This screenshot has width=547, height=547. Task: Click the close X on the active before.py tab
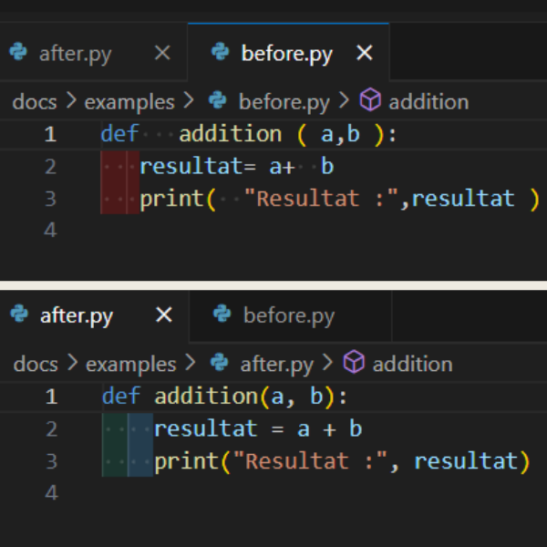(x=364, y=53)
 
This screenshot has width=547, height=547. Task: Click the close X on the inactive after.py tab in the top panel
(x=162, y=53)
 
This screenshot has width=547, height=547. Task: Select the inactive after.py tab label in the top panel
(x=75, y=54)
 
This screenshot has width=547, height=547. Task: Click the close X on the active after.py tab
(x=164, y=315)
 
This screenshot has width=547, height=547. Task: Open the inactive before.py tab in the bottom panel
(x=288, y=316)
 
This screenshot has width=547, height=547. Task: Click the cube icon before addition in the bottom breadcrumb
(x=354, y=363)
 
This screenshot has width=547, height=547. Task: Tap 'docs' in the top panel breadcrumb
(x=35, y=101)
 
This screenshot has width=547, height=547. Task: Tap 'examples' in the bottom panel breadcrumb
(x=130, y=364)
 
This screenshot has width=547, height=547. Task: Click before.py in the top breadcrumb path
(x=284, y=101)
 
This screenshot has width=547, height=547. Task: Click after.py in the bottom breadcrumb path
(x=276, y=364)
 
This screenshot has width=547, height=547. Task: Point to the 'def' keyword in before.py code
(x=119, y=134)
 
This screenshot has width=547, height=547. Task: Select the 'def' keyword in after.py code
(x=120, y=397)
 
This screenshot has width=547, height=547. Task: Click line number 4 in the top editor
(x=49, y=230)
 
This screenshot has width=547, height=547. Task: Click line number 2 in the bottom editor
(x=50, y=428)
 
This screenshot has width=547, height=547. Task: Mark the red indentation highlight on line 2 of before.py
(x=114, y=166)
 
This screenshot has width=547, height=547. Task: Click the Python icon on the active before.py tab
(x=220, y=52)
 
